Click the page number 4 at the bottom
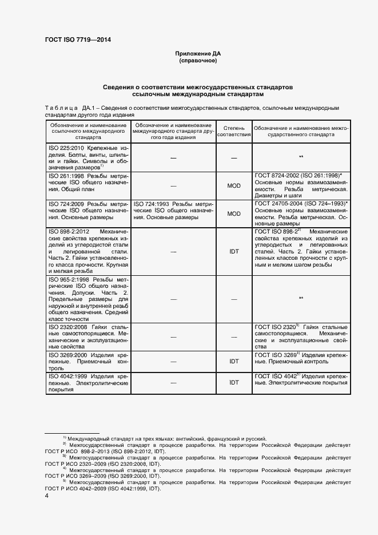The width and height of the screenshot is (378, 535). [46, 497]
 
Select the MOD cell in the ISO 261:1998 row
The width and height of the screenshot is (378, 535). [234, 185]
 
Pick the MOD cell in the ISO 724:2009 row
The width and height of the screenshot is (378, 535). [234, 213]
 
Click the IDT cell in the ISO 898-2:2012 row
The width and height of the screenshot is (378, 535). [234, 251]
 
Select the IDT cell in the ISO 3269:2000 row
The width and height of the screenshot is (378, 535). [234, 361]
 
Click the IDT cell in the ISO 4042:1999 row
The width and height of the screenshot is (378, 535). [234, 382]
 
